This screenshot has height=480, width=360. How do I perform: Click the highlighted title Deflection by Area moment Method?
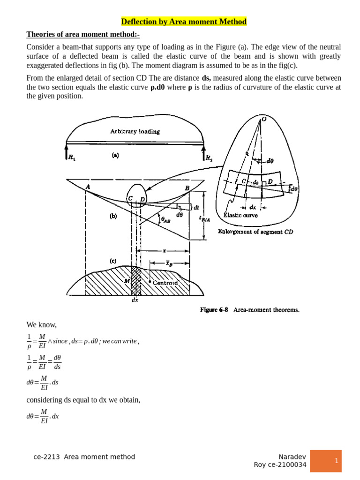(184, 22)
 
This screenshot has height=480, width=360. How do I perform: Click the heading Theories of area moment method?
(83, 34)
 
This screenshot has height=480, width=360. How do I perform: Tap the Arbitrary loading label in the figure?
(135, 132)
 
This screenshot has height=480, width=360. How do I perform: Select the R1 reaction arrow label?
(72, 157)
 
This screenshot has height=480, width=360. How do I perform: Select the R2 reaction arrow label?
(209, 158)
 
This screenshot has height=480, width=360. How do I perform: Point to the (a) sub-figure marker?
(115, 155)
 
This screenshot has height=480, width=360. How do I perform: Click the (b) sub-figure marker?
(113, 217)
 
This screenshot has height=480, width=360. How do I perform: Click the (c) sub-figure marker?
(113, 261)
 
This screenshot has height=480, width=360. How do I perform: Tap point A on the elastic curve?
(88, 186)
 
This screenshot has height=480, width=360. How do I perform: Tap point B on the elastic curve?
(187, 188)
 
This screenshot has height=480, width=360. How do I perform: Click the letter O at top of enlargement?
(264, 120)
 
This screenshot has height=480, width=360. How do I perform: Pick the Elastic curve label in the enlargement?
(240, 216)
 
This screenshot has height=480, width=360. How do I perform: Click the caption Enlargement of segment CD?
(255, 232)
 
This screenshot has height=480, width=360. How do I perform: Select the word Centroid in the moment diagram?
(165, 283)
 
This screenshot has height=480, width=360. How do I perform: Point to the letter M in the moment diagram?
(127, 281)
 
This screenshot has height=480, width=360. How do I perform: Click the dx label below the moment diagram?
(135, 300)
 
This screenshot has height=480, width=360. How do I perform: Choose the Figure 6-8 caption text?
(249, 310)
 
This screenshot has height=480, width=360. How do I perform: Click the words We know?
(42, 325)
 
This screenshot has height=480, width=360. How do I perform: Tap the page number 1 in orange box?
(336, 461)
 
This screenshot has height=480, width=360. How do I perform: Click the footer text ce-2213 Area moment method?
(84, 457)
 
